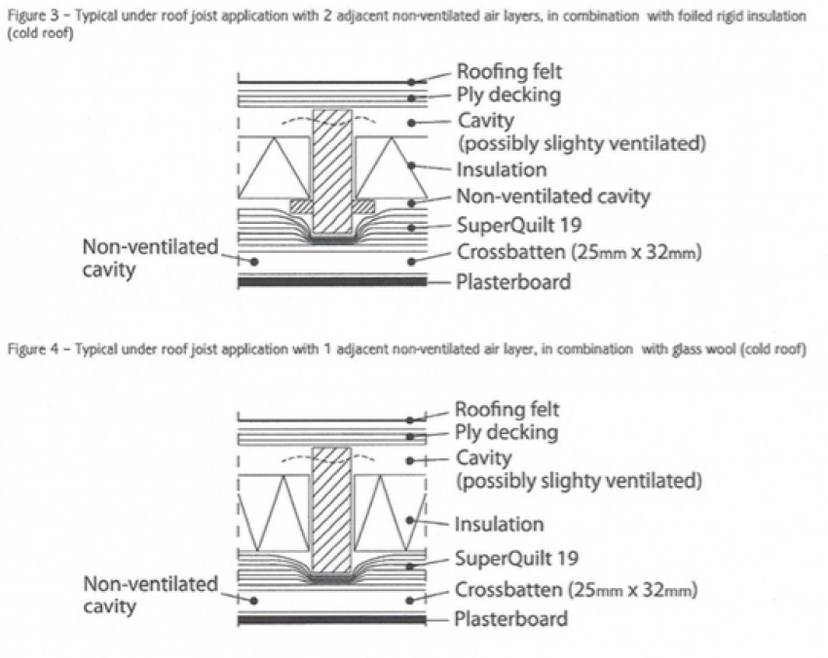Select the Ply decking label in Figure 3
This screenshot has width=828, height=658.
click(509, 95)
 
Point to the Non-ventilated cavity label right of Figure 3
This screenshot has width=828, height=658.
click(552, 197)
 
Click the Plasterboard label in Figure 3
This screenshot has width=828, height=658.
click(513, 282)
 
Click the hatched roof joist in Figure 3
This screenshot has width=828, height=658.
click(331, 170)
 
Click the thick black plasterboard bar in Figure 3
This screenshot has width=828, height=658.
click(332, 281)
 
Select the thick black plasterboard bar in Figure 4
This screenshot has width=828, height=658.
click(331, 619)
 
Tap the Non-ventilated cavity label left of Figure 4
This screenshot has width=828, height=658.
click(150, 595)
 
